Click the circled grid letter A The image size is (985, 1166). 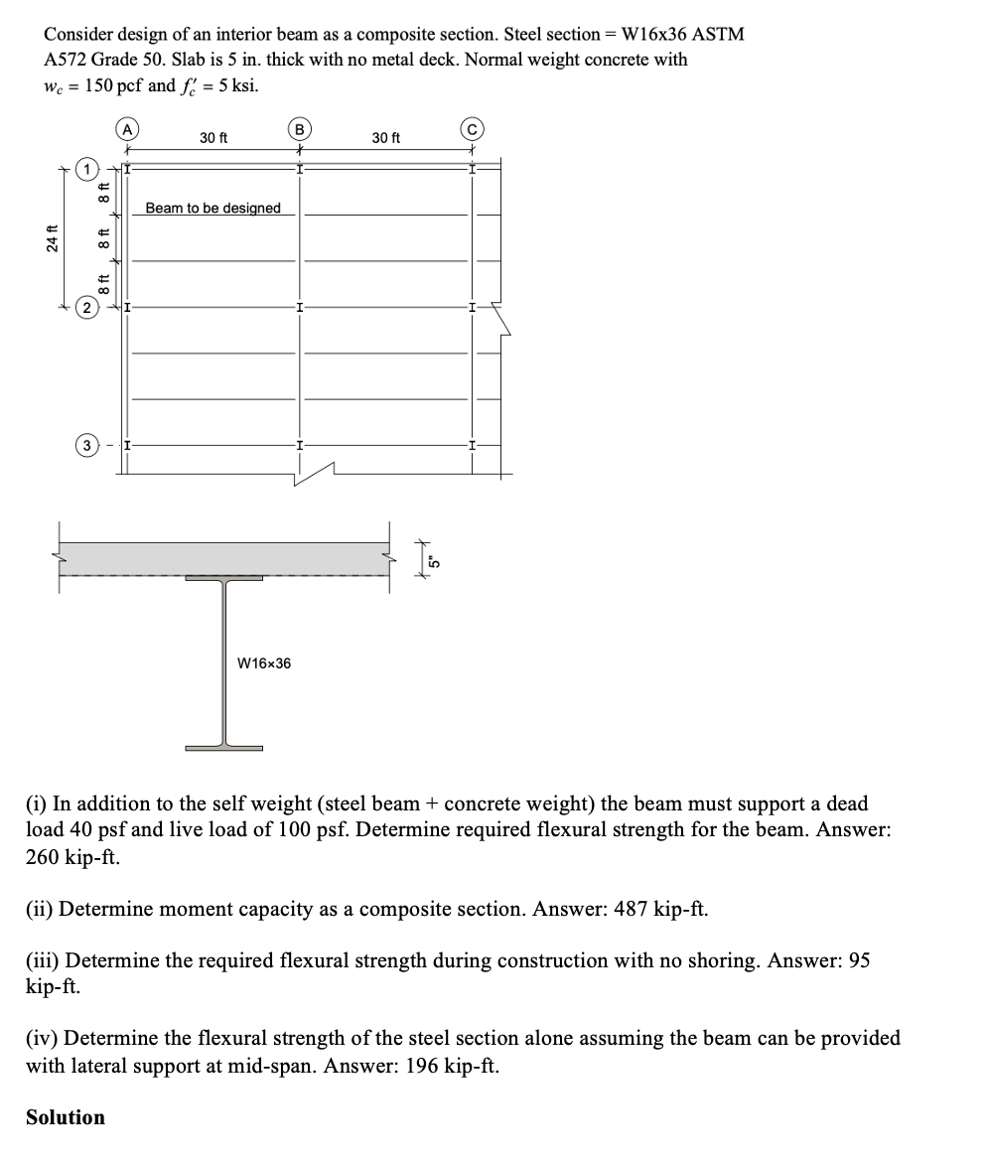(x=126, y=127)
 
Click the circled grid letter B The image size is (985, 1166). (x=297, y=127)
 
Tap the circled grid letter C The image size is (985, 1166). (x=473, y=127)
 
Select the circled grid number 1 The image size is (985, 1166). (x=88, y=170)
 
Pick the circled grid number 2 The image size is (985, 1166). (x=88, y=308)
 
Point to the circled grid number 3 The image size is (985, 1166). (x=88, y=444)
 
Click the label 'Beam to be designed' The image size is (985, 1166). (x=212, y=208)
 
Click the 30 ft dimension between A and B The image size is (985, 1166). (x=212, y=137)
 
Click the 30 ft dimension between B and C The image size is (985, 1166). (x=386, y=137)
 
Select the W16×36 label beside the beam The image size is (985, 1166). (x=264, y=662)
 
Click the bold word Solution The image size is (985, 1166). (x=66, y=1117)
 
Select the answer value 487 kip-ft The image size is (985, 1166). (x=656, y=909)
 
